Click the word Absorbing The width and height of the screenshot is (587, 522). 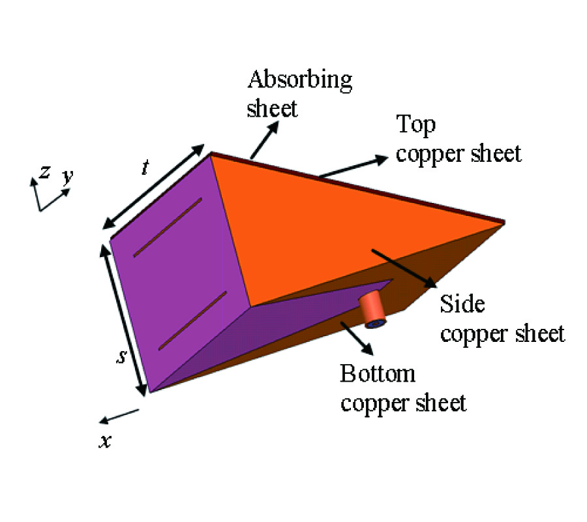coord(300,80)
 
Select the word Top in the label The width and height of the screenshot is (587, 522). coord(416,125)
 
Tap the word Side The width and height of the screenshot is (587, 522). coord(462,303)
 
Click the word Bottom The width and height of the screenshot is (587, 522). coord(378,373)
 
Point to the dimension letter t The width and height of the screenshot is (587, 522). coord(145,167)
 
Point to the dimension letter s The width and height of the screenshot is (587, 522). coord(121,357)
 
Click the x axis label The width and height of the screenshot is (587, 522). coord(105,442)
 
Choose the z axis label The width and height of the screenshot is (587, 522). coord(45,172)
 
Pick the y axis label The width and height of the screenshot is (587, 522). coord(68,176)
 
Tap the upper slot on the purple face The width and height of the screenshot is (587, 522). coord(168,228)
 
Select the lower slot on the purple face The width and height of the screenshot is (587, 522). coord(193,320)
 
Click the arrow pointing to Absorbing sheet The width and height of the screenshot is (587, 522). coord(265,140)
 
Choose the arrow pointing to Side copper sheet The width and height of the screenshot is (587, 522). coord(404,268)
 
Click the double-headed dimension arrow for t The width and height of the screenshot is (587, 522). coord(153,187)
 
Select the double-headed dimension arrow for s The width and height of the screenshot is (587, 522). coord(123,320)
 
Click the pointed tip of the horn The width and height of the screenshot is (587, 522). coord(504,223)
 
